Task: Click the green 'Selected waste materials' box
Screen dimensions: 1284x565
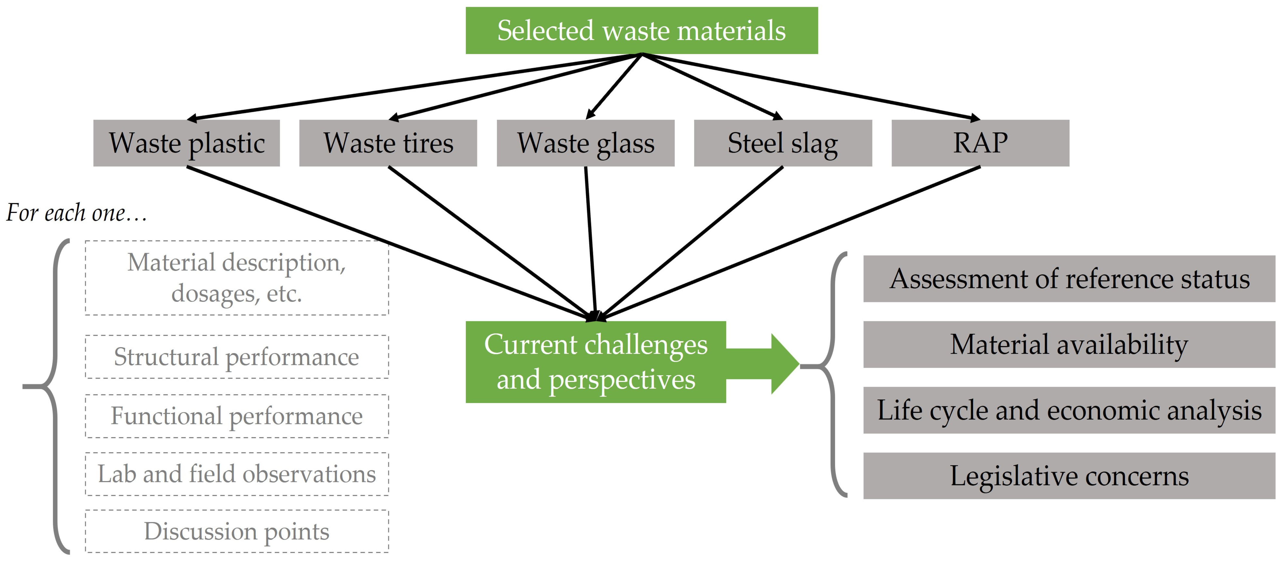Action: coord(642,30)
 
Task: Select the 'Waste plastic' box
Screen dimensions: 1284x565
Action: coord(186,143)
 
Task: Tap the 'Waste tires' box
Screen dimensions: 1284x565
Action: coord(388,143)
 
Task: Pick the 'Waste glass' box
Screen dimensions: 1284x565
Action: coord(586,143)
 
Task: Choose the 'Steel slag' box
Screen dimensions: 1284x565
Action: coord(783,143)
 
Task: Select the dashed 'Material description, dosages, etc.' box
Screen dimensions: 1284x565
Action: coord(237,278)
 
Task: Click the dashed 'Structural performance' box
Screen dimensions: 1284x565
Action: coord(237,356)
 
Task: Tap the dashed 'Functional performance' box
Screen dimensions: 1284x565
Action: coord(237,416)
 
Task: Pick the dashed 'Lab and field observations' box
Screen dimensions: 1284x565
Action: coord(237,474)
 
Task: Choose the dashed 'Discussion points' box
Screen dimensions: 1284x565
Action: coord(237,531)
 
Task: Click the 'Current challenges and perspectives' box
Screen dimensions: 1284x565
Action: coord(596,362)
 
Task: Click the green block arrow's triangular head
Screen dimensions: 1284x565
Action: coord(785,364)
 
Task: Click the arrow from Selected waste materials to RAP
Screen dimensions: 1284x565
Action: coord(811,87)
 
